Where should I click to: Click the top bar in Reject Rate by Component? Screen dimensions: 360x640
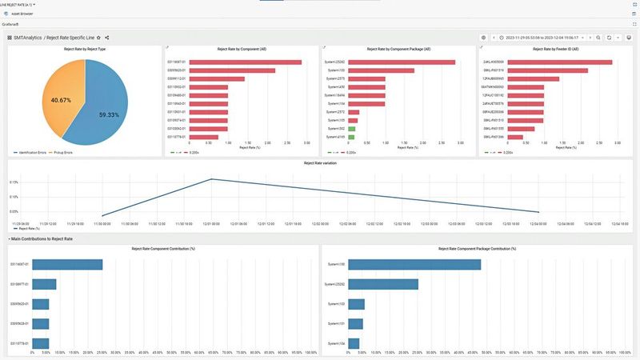pyautogui.click(x=245, y=62)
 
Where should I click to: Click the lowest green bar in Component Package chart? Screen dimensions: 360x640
pyautogui.click(x=352, y=137)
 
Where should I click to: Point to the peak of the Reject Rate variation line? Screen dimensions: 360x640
pyautogui.click(x=211, y=179)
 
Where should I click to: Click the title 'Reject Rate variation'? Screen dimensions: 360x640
pyautogui.click(x=320, y=163)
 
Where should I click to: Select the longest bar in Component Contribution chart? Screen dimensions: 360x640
pyautogui.click(x=67, y=264)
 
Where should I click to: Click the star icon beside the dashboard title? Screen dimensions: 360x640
pyautogui.click(x=98, y=38)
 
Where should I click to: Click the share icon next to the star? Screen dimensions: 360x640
pyautogui.click(x=107, y=38)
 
